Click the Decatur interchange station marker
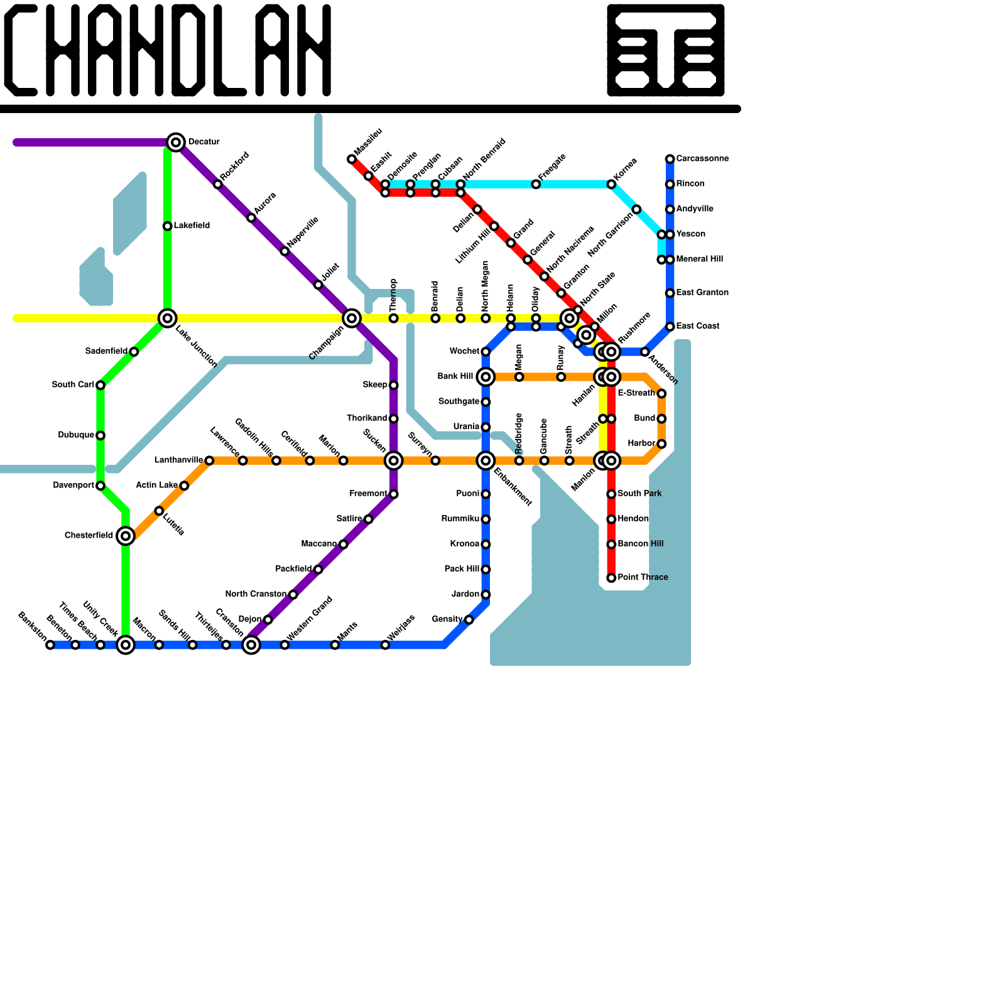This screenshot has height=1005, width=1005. pyautogui.click(x=177, y=143)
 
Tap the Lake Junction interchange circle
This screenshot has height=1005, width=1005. pyautogui.click(x=167, y=318)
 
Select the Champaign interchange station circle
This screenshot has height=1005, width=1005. pyautogui.click(x=352, y=318)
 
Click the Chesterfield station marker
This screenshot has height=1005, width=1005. pyautogui.click(x=126, y=536)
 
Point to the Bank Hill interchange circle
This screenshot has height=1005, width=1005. pyautogui.click(x=486, y=377)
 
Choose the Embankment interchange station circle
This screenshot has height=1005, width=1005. pyautogui.click(x=486, y=461)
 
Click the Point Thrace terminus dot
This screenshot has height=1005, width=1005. pyautogui.click(x=611, y=578)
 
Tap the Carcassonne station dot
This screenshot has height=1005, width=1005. pyautogui.click(x=670, y=159)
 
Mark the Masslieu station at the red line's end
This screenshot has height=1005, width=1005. pyautogui.click(x=352, y=160)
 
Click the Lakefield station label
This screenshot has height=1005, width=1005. pyautogui.click(x=192, y=225)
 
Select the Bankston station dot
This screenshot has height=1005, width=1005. pyautogui.click(x=50, y=645)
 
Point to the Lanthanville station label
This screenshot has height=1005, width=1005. pyautogui.click(x=178, y=460)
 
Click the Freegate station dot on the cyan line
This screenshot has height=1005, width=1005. pyautogui.click(x=536, y=185)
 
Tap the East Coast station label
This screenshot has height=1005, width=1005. pyautogui.click(x=698, y=326)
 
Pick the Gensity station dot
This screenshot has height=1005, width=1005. pyautogui.click(x=469, y=620)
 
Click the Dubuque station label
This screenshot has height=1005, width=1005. pyautogui.click(x=76, y=435)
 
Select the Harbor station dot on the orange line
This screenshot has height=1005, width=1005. pyautogui.click(x=661, y=444)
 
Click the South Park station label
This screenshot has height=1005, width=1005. pyautogui.click(x=639, y=494)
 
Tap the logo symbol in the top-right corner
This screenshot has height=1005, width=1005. pyautogui.click(x=666, y=50)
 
